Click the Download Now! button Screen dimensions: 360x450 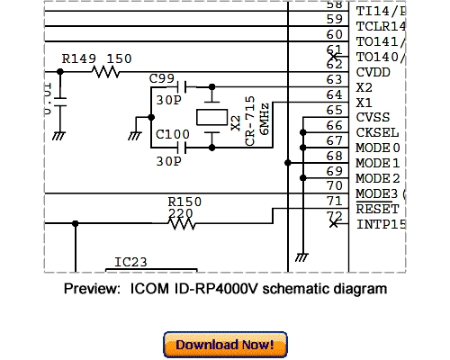(x=225, y=345)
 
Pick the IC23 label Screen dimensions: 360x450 (x=131, y=263)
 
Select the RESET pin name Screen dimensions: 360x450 (x=376, y=209)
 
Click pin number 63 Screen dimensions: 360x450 (x=334, y=79)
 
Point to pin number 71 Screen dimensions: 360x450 (x=334, y=200)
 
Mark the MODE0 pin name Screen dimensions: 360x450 (x=376, y=148)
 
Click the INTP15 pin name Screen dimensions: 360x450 (x=381, y=223)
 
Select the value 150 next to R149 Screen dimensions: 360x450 (x=120, y=58)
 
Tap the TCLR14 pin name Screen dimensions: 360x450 (x=381, y=26)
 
